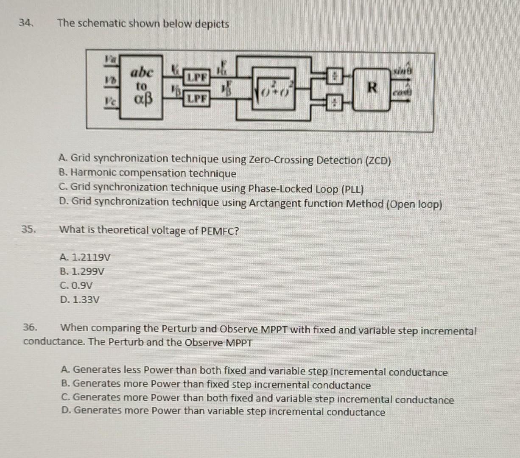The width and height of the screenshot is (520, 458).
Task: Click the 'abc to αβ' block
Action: tap(141, 87)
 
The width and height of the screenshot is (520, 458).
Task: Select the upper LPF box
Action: tap(197, 77)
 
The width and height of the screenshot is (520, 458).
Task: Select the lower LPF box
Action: tap(197, 99)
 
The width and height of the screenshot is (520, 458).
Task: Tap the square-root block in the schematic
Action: tap(274, 89)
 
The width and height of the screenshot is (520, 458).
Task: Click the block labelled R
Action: tap(372, 88)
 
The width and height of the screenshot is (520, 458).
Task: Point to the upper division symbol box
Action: tap(334, 77)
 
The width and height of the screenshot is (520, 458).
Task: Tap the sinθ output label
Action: tap(402, 71)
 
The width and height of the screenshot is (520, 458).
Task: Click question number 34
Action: tap(26, 23)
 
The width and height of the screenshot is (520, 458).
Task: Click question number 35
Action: tap(28, 229)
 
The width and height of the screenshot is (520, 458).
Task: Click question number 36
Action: tap(30, 327)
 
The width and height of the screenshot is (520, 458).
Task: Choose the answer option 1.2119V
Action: tap(85, 257)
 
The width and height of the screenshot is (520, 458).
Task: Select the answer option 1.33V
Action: tap(80, 300)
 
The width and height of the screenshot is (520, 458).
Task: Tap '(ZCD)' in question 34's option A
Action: tap(377, 161)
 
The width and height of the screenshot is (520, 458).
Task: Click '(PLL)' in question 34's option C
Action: tap(352, 189)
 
